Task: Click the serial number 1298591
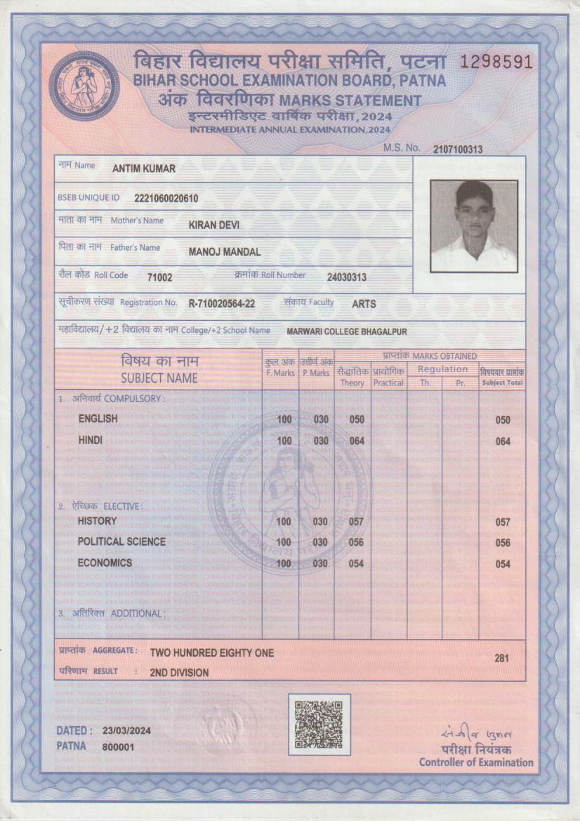click(496, 62)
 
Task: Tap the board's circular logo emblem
click(84, 86)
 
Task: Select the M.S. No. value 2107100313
click(458, 149)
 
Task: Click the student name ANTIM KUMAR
click(144, 169)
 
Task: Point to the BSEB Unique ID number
click(166, 199)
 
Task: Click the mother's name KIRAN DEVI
click(214, 225)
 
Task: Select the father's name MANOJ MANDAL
click(225, 252)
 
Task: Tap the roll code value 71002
click(159, 277)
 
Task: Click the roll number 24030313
click(347, 277)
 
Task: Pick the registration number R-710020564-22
click(222, 304)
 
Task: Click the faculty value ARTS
click(364, 304)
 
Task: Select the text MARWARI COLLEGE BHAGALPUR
click(347, 331)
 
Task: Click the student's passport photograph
click(474, 225)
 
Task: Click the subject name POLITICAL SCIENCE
click(121, 541)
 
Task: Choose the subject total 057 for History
click(502, 523)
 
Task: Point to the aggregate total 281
click(501, 658)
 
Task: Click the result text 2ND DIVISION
click(179, 673)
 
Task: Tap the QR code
click(319, 724)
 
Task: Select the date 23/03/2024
click(126, 731)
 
